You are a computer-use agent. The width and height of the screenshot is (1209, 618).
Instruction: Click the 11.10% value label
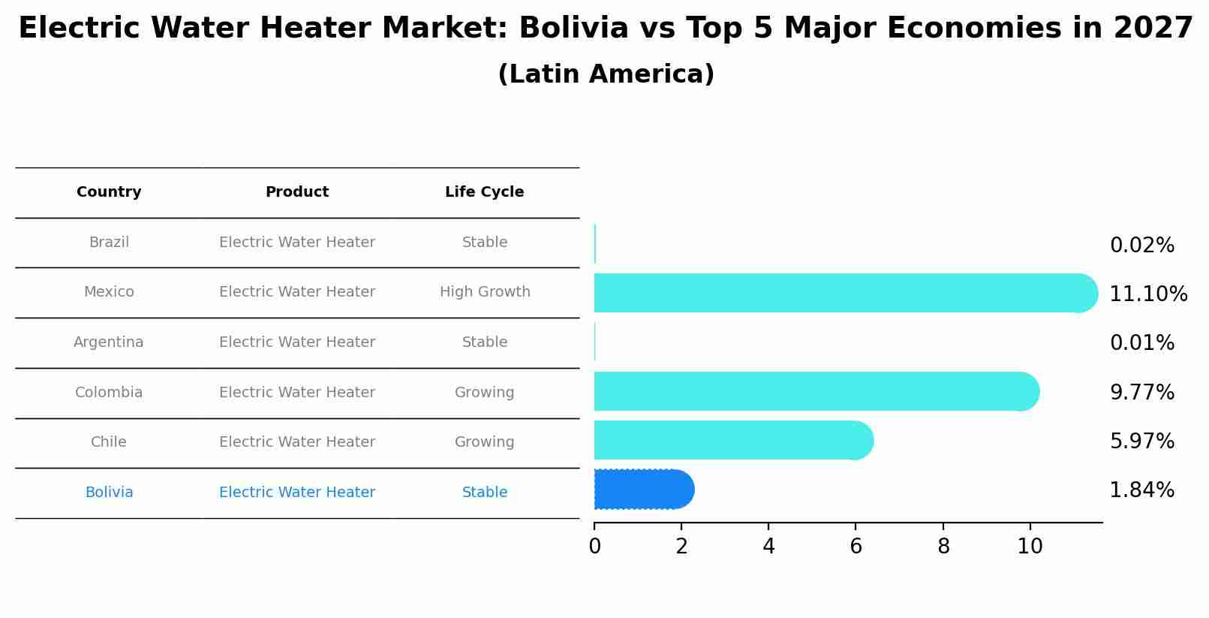pos(1147,294)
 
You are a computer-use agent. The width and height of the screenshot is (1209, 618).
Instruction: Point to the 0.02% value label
pos(1141,246)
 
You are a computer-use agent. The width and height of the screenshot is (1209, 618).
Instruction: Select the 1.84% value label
pos(1141,490)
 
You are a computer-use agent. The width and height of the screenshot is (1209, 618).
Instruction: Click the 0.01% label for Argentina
pos(1141,343)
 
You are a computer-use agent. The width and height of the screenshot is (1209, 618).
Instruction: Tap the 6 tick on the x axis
pos(856,547)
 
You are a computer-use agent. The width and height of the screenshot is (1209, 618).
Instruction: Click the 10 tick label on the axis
pos(1030,547)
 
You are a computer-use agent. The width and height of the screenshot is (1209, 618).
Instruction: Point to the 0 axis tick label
pos(594,547)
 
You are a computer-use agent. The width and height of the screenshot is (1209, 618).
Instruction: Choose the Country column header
pos(109,192)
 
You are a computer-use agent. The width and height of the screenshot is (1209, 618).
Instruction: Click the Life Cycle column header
pos(484,192)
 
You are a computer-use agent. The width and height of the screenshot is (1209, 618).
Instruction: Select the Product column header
pos(297,192)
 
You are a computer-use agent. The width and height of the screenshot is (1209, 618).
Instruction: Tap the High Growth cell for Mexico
pos(485,292)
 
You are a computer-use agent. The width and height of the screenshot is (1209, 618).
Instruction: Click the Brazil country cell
pos(109,243)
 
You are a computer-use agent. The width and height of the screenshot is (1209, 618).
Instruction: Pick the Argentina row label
pos(109,342)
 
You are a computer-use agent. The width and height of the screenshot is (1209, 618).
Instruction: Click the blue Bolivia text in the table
pos(109,493)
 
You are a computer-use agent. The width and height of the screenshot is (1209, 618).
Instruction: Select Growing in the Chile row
pos(484,442)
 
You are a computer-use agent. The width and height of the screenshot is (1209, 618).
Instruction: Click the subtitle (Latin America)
pos(606,74)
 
